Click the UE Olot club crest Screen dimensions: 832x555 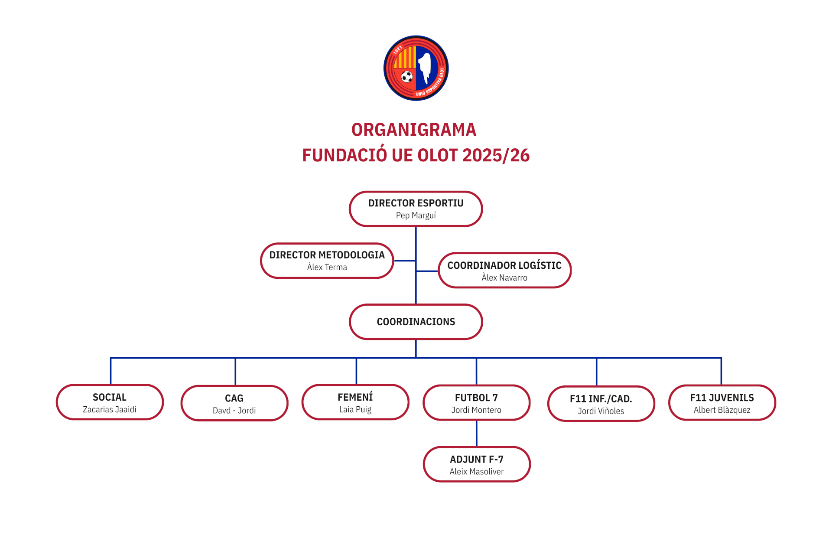416,68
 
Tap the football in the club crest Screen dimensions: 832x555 407,77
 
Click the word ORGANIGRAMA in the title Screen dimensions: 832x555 414,130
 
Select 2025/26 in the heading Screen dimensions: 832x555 496,155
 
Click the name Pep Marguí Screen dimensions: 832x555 416,215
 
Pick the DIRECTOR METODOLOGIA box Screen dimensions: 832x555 327,261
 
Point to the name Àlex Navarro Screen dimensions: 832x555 504,277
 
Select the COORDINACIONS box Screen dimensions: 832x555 416,322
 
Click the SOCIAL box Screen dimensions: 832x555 110,402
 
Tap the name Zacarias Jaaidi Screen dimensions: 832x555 110,409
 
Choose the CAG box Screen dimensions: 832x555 234,403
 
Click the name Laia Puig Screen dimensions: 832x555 355,409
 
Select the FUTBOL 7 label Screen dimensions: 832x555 477,398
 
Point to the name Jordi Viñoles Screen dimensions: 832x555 601,411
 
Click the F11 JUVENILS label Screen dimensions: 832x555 722,398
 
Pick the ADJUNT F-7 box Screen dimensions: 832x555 477,464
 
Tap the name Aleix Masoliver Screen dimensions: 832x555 477,472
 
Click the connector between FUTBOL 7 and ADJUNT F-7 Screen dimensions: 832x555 477,434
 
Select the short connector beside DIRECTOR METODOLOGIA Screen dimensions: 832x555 405,261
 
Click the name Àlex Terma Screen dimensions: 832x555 327,267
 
